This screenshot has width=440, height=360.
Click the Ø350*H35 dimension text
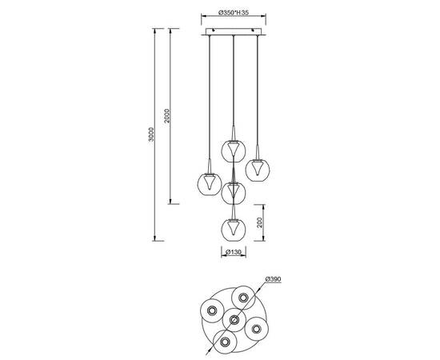point(234,13)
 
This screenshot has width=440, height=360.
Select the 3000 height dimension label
point(151,134)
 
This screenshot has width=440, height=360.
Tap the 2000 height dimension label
point(167,116)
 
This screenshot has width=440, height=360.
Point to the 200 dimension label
point(259,222)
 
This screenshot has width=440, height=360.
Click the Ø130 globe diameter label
point(234,252)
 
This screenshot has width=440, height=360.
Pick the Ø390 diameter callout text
point(273,279)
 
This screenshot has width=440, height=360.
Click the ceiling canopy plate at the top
point(234,32)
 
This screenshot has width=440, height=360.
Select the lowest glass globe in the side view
point(234,229)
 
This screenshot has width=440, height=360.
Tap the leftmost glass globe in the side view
point(210,184)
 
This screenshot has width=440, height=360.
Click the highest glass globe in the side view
point(234,150)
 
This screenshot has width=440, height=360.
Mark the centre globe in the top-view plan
point(234,319)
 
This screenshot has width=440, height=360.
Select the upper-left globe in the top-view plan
point(212,310)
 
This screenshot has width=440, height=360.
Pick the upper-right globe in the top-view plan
point(243,298)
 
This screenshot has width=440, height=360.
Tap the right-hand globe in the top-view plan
point(257,329)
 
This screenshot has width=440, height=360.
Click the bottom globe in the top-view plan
point(225,342)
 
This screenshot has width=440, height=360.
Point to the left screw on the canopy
point(214,30)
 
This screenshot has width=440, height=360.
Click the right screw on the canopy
point(253,30)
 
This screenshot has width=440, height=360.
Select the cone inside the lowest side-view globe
point(234,228)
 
